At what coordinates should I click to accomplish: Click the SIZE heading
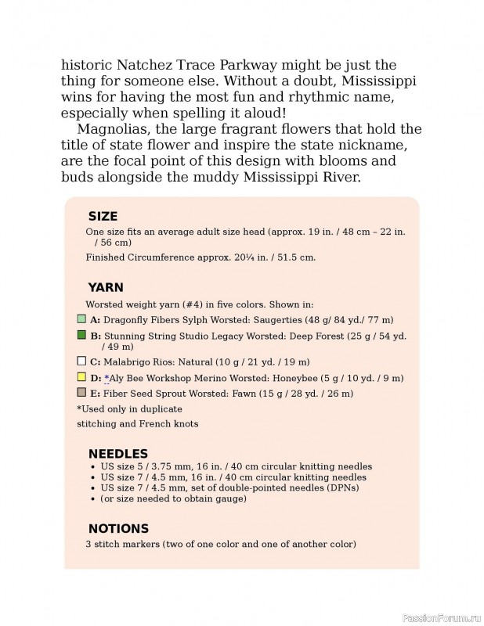coord(103,217)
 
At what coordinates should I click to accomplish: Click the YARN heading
coord(106,287)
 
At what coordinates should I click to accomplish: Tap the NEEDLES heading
coord(117,454)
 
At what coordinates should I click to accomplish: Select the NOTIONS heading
coord(118,528)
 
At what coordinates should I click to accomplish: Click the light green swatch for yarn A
coord(81,319)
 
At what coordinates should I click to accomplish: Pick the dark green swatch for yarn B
coord(81,335)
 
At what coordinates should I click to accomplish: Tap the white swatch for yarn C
coord(81,362)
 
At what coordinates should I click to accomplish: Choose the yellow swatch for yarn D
coord(81,377)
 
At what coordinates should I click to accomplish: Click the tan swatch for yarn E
coord(81,393)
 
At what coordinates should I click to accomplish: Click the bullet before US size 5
coord(94,466)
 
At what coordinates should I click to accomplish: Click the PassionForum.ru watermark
coord(440,617)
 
